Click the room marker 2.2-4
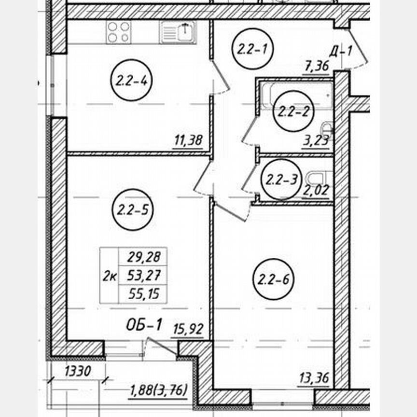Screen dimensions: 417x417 [x=131, y=80]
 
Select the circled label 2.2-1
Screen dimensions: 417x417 [x=252, y=49]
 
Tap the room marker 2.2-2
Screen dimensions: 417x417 [x=293, y=111]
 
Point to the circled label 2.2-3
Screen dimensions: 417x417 [x=282, y=179]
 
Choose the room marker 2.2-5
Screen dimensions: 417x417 [x=133, y=210]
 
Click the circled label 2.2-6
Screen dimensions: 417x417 [x=274, y=279]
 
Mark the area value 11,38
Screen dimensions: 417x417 [x=189, y=140]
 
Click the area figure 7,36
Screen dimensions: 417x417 [x=317, y=66]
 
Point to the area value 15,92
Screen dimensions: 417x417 [x=188, y=329]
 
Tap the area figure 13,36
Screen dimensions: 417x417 [x=314, y=378]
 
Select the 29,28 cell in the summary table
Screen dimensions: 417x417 [x=143, y=257]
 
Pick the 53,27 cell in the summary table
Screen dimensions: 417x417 [x=143, y=275]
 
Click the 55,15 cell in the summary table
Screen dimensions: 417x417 [x=143, y=294]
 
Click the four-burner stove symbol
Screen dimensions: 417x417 [x=119, y=32]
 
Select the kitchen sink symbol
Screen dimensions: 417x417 [x=178, y=32]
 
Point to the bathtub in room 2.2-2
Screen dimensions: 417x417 [x=296, y=95]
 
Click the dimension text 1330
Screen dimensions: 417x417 [x=78, y=371]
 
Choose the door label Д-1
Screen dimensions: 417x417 [x=341, y=51]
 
